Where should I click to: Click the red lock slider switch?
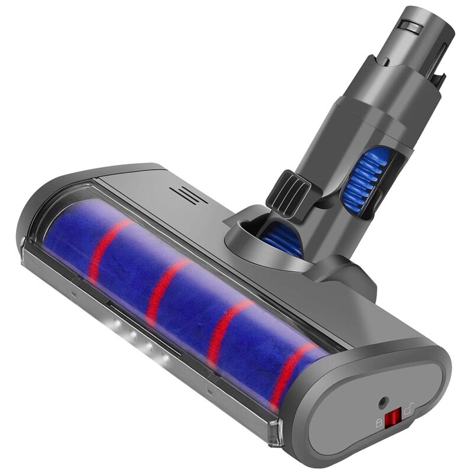391,421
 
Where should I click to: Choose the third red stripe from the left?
222,331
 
